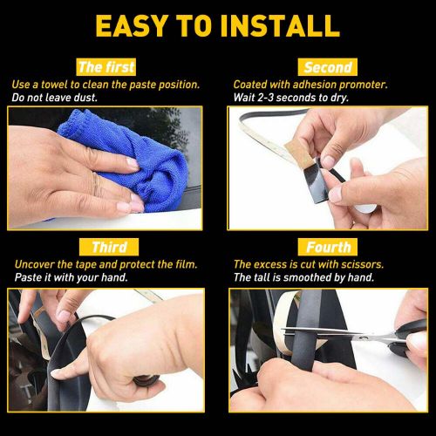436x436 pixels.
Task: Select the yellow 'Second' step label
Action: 327,66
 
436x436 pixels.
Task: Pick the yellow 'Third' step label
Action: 109,247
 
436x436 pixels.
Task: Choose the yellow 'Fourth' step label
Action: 328,247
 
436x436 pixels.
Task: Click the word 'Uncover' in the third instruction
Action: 33,265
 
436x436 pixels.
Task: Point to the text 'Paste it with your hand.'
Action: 71,277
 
